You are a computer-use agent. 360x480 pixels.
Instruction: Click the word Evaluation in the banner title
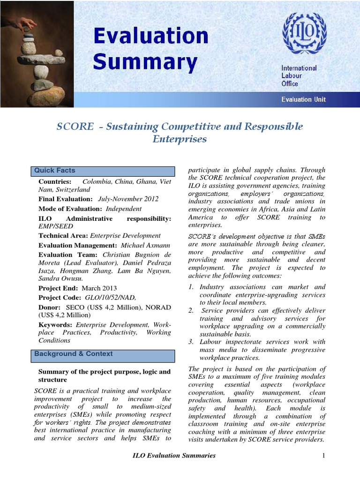pos(150,37)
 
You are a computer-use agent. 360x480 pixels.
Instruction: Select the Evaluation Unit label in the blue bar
pos(303,99)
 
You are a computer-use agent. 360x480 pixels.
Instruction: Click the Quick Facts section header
pos(55,171)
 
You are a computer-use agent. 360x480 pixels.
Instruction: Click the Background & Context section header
pos(74,354)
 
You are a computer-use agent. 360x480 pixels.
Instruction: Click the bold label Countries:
pos(55,181)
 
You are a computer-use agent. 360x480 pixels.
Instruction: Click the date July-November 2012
pos(128,199)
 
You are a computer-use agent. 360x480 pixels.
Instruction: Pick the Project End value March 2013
pos(99,288)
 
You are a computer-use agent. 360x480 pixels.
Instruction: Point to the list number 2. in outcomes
pos(191,310)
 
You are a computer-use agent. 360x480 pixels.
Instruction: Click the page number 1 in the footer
pos(323,455)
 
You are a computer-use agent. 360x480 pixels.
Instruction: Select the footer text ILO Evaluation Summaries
pos(174,455)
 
